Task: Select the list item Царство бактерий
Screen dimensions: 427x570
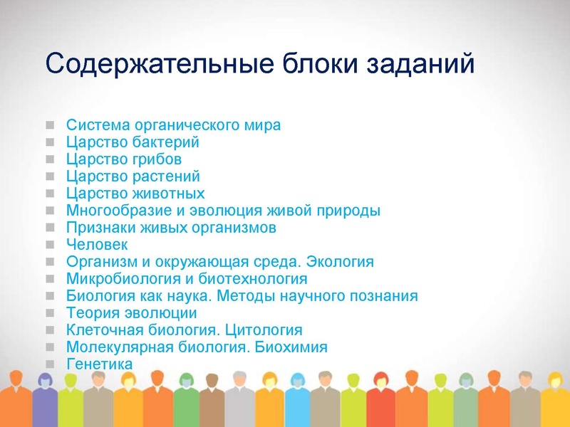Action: coord(133,142)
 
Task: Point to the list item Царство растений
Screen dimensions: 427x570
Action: coord(133,176)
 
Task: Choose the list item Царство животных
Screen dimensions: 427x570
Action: coord(135,193)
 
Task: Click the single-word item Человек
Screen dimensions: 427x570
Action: coord(97,244)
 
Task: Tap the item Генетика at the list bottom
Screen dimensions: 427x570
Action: coord(99,364)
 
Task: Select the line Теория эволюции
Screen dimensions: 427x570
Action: coord(131,312)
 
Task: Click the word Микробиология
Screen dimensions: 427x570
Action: coord(124,278)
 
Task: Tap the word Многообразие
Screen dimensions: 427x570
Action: coord(116,211)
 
